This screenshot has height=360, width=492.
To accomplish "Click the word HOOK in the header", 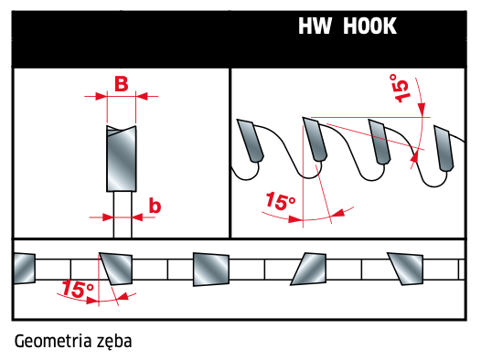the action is [369, 26].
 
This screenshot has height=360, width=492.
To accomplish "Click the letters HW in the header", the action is [315, 26].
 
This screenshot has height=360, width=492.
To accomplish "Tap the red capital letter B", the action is [122, 84].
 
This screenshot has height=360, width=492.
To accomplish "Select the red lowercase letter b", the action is [155, 206].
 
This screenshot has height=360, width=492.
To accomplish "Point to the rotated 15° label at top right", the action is [400, 88].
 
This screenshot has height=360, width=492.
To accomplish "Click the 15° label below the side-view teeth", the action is [280, 201].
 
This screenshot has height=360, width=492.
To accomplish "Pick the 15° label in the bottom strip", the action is [78, 289].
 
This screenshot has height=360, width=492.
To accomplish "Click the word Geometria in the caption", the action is [53, 341].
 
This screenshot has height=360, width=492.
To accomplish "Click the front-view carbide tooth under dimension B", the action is [122, 158].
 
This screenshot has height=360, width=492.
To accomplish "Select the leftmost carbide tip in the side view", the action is [250, 141].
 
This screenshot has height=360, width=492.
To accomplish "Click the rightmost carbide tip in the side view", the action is [444, 148].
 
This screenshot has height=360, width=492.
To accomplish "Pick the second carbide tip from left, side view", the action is [315, 139].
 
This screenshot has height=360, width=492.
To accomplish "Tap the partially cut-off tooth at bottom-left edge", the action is [24, 269].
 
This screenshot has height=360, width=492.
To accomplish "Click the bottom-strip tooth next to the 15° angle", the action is [116, 269].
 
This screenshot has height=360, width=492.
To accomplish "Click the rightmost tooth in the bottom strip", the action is [406, 269].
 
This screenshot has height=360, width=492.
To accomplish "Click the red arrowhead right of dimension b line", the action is [137, 217].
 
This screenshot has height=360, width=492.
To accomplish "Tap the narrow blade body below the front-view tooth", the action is [123, 215].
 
